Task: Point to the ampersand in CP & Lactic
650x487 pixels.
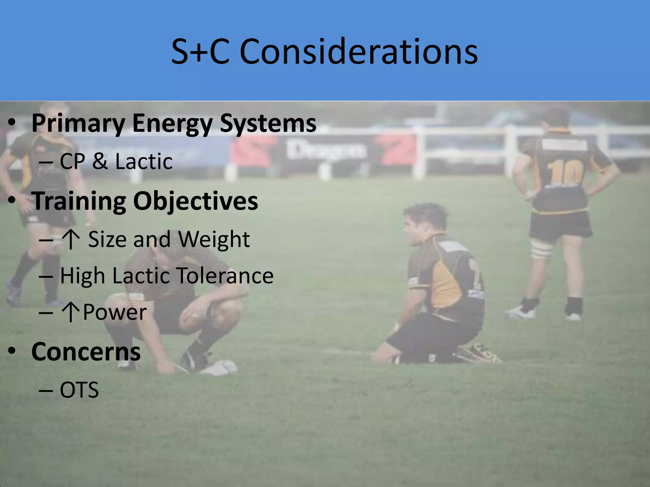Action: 100,161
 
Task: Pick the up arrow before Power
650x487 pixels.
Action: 70,313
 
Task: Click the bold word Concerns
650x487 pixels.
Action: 86,352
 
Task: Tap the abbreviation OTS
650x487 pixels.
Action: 79,390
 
